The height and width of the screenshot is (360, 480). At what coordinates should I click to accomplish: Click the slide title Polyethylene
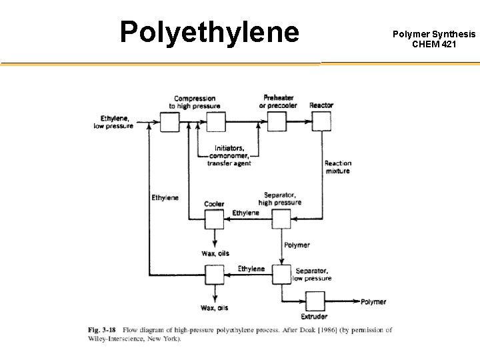(x=209, y=32)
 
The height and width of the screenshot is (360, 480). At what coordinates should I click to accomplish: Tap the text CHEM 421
(x=434, y=44)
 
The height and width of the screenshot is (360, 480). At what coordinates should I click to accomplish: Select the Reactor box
(x=321, y=122)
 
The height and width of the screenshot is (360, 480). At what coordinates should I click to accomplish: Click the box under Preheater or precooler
(x=277, y=122)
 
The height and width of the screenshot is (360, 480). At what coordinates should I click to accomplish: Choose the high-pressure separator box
(x=281, y=219)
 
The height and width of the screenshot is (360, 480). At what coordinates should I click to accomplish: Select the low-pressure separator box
(x=281, y=273)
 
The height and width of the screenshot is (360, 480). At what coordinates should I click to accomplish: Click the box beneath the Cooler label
(x=215, y=219)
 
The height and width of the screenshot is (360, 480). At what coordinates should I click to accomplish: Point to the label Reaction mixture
(x=337, y=167)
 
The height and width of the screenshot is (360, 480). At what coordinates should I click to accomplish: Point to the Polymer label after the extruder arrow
(x=373, y=302)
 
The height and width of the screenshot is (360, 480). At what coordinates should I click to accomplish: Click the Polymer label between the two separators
(x=297, y=245)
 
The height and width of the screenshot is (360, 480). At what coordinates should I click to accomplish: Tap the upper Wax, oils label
(x=214, y=253)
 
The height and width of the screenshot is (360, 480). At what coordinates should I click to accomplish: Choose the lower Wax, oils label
(x=214, y=307)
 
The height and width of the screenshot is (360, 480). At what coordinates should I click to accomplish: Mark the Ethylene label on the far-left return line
(x=165, y=197)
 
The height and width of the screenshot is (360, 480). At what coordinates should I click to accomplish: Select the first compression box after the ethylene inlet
(x=170, y=122)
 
